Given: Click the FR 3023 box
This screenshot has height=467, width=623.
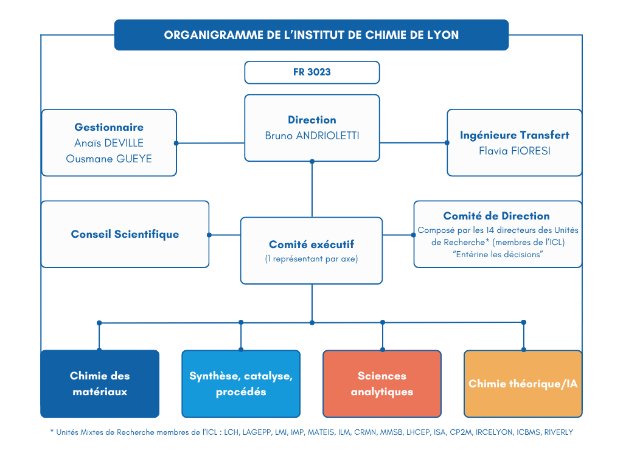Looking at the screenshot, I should point(311,72).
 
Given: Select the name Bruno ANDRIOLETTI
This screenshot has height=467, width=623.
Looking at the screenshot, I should point(311,136).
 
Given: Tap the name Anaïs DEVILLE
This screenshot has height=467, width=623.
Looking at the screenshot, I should point(109,143).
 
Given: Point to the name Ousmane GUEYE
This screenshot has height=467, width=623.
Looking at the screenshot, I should point(109,159).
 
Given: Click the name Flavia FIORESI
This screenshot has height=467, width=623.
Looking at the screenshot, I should point(514,151).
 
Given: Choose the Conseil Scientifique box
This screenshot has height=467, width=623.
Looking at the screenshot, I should point(125,234).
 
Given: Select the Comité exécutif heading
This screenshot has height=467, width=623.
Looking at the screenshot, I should point(311,244).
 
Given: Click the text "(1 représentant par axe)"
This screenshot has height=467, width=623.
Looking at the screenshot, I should point(311,259).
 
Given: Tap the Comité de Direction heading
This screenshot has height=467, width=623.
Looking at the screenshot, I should point(496,216).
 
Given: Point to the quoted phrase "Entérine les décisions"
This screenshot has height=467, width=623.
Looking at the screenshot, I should point(498,254).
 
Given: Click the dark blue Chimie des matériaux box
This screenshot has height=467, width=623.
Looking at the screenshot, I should point(100,384).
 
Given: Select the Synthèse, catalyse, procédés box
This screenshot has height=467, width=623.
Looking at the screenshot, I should point(241,384).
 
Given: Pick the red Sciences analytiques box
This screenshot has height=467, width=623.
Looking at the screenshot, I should point(382,384).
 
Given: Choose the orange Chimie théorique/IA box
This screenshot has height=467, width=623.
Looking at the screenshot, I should point(523,384).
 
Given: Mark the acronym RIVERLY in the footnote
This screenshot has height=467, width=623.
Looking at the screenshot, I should point(558,432).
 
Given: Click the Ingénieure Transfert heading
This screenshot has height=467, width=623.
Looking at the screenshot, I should point(514,135).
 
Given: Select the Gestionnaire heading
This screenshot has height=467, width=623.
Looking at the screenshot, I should point(109,127).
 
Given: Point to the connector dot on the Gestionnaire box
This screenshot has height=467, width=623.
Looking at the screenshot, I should point(176,144).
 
